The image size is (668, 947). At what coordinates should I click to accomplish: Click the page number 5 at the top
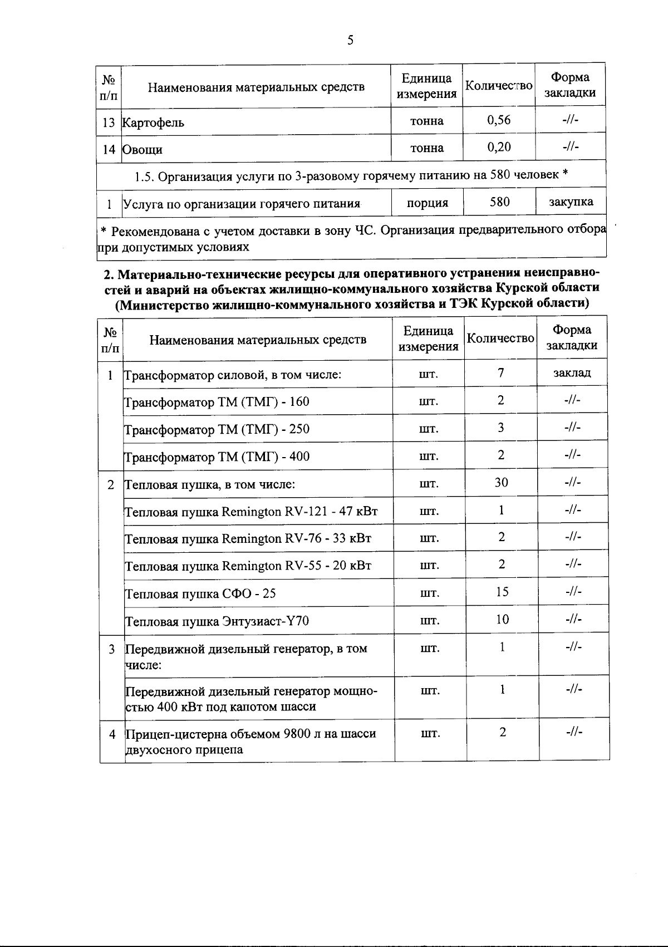350,40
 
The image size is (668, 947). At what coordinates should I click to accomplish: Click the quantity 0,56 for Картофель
499,120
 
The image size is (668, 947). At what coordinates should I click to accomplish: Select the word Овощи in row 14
143,150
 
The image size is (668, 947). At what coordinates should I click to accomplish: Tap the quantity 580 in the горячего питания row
499,202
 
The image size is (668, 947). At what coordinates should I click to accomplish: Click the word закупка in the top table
571,202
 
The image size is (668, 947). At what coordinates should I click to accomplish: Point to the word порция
427,203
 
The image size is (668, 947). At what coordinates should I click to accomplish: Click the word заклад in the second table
572,372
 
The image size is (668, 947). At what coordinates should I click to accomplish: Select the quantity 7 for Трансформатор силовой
501,372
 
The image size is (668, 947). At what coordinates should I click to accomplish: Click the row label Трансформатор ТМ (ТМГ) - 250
217,429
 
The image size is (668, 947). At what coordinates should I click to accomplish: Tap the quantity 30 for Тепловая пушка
501,482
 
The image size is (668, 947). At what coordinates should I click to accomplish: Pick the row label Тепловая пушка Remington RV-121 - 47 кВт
251,511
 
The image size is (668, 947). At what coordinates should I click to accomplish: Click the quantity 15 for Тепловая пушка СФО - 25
502,592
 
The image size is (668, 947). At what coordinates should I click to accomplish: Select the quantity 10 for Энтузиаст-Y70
502,619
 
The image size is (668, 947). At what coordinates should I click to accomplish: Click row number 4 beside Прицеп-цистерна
112,734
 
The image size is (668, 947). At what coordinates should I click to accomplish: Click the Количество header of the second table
500,338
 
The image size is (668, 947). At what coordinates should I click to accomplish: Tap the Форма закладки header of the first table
570,85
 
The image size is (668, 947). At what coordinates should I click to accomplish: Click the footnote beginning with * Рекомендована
351,238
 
